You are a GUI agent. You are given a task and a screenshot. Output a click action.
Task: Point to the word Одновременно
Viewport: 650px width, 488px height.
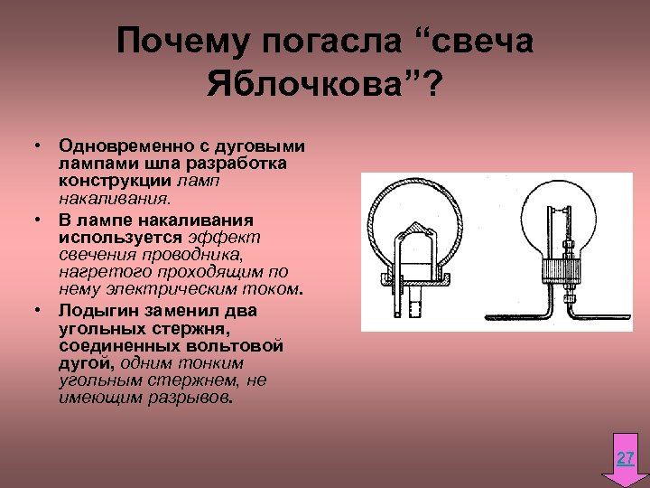pos(116,145)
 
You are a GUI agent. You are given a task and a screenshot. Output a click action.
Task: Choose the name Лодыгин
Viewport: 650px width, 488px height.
pos(97,310)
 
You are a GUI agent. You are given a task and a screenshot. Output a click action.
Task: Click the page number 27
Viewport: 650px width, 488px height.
pos(625,459)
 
